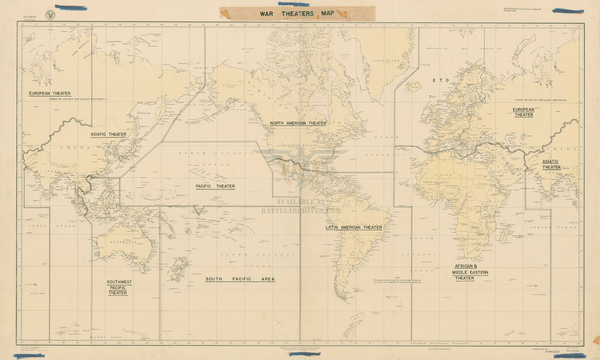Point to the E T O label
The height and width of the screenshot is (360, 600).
437,77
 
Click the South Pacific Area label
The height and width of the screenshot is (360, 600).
239,279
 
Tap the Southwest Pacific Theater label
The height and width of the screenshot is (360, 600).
118,288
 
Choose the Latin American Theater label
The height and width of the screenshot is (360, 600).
354,227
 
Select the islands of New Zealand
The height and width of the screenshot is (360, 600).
180,271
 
